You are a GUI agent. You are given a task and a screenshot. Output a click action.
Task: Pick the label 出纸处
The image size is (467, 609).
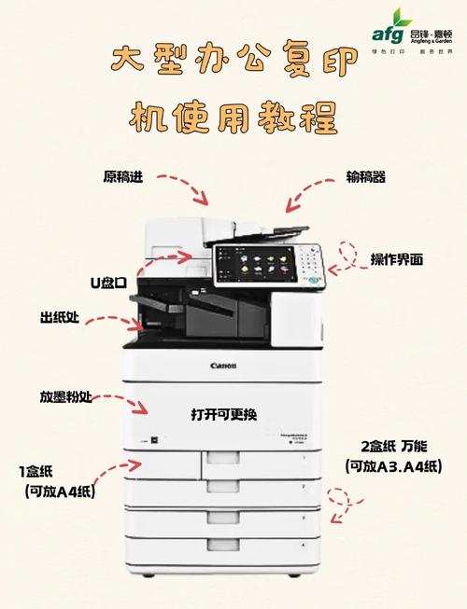59,319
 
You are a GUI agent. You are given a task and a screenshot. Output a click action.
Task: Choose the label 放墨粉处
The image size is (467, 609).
65,395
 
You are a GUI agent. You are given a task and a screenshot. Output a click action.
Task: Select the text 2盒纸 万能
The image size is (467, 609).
392,446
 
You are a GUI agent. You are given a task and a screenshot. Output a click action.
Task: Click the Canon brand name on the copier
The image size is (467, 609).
224,366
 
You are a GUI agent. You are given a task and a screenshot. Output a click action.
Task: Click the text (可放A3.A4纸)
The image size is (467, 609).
392,466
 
